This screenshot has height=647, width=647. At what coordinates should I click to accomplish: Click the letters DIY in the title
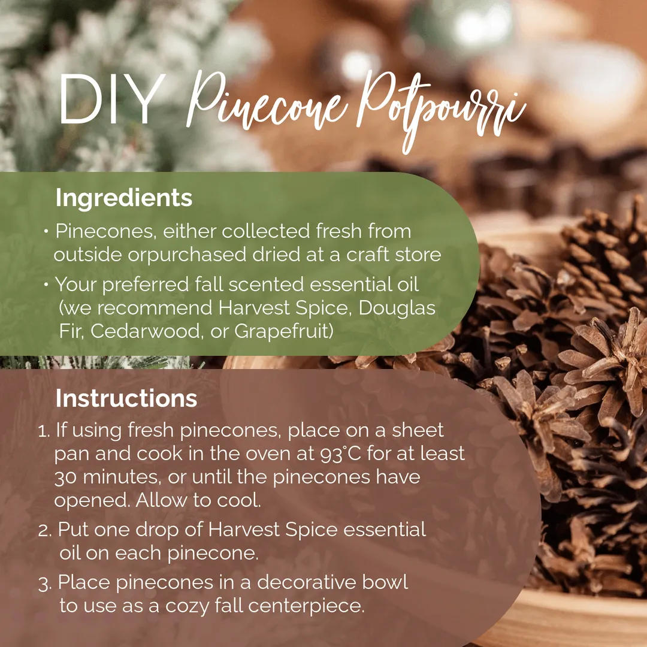[x=112, y=99]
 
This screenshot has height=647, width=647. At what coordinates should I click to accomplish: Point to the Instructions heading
[x=126, y=398]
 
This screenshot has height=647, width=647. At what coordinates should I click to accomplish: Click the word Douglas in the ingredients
[x=397, y=309]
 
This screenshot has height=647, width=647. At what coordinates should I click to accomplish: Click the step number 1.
[x=44, y=431]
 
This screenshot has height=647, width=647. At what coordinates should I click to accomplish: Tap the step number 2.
[x=44, y=530]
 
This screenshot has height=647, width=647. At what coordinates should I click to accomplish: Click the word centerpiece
[x=306, y=606]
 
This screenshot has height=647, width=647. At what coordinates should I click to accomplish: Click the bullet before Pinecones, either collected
[x=46, y=231]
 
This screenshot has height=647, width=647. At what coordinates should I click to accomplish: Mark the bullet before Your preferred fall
[x=46, y=284]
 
